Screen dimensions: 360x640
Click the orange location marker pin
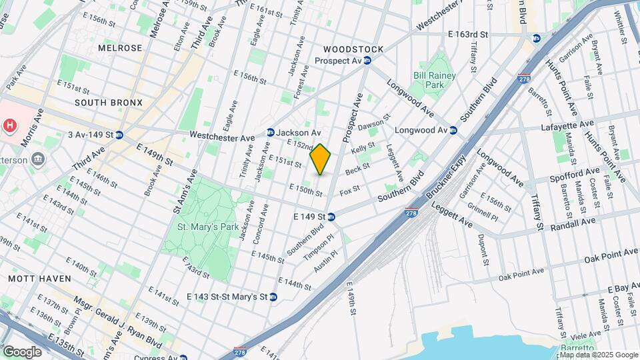pyautogui.click(x=321, y=159)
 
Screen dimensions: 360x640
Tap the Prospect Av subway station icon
pyautogui.click(x=367, y=61)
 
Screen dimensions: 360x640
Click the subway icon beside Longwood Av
pyautogui.click(x=453, y=130)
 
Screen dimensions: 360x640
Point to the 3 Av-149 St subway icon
pyautogui.click(x=119, y=135)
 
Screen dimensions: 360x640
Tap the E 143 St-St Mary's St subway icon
pyautogui.click(x=273, y=297)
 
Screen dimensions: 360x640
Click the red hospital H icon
pyautogui.click(x=9, y=125)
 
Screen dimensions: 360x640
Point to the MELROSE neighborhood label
pyautogui.click(x=120, y=48)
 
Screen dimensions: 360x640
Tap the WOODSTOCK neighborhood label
pyautogui.click(x=353, y=49)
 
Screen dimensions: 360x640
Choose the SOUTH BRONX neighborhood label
pyautogui.click(x=108, y=103)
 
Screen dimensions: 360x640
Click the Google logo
pyautogui.click(x=22, y=351)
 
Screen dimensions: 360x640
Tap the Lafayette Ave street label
pyautogui.click(x=567, y=125)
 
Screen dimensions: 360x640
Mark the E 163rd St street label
pyautogui.click(x=468, y=33)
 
